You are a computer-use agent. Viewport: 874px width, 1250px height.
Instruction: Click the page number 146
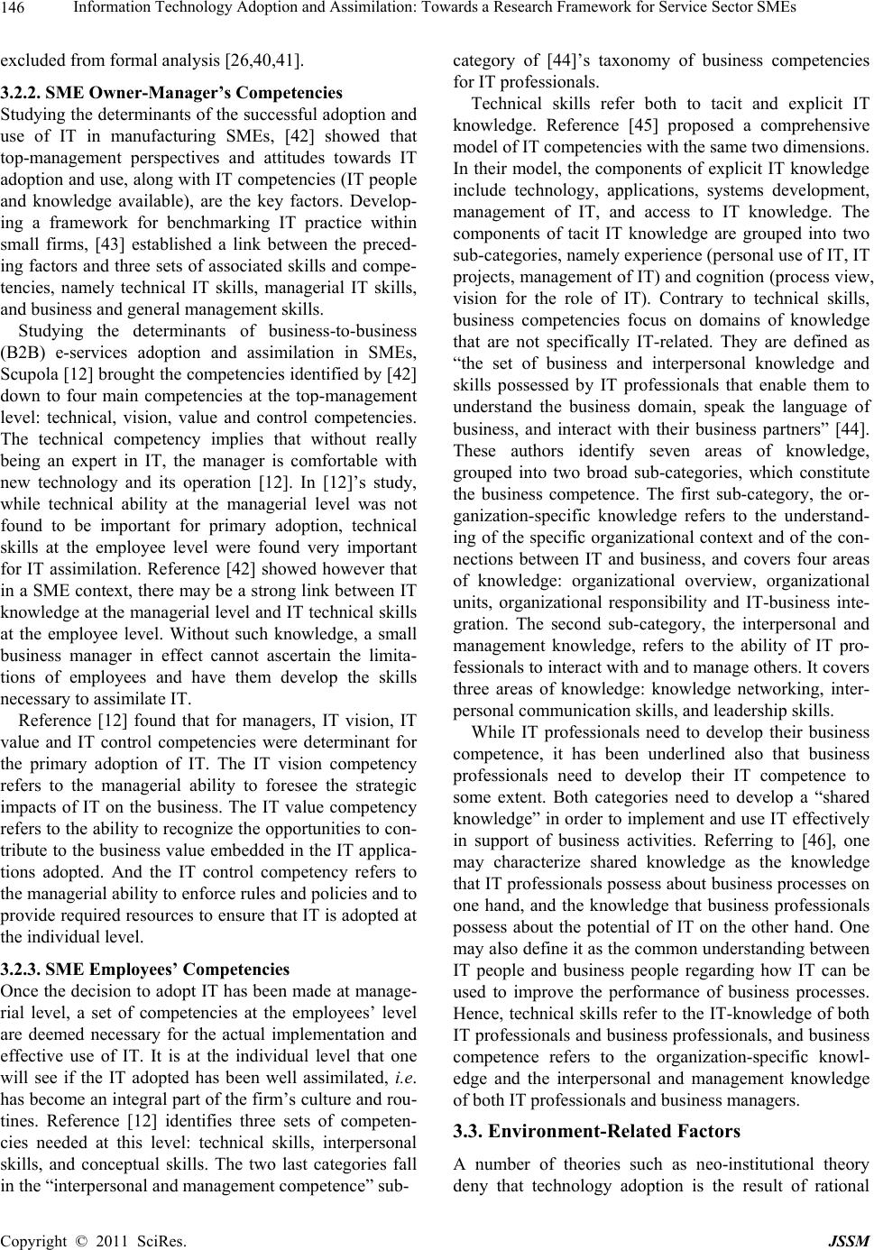click(x=14, y=9)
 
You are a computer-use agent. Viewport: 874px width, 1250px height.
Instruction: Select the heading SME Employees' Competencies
click(x=144, y=970)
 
